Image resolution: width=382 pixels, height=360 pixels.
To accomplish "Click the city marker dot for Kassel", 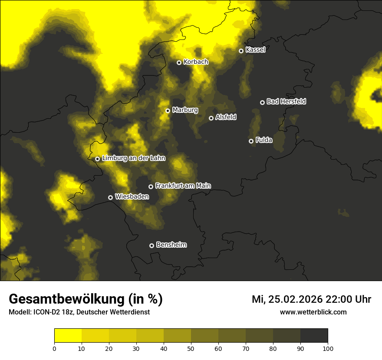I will pos(241,51).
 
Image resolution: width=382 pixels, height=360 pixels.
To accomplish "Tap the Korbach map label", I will pos(196,62).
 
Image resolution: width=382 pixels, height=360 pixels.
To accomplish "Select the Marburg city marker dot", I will pos(168,111).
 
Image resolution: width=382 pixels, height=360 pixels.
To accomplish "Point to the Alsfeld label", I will pos(226,118).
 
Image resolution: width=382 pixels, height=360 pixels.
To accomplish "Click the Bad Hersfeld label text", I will pos(286,101).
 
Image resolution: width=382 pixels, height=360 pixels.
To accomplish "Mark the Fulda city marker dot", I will pos(251,141).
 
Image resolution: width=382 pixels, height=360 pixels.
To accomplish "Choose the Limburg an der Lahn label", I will pos(133,158).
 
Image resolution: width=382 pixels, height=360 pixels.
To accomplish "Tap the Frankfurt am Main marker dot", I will pos(151,187).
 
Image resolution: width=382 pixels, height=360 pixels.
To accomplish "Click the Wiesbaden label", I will pos(132,196).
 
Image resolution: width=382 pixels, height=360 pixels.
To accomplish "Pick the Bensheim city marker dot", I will pos(151,245).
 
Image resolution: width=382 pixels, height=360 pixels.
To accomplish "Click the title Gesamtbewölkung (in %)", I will pos(86,299).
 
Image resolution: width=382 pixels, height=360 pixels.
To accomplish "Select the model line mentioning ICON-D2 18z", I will pos(79,312).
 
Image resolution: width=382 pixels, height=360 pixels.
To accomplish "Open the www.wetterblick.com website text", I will pos(313,312).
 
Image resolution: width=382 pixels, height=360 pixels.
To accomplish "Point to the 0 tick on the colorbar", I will pos(54,348).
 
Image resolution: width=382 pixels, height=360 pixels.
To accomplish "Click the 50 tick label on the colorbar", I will pos(191,348).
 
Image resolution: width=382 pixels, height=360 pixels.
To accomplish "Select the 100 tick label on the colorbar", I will pos(328,348).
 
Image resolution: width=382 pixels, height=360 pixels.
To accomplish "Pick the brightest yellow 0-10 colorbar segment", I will pos(68,336).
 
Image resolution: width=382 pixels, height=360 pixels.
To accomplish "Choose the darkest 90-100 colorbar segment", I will pos(314,336).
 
